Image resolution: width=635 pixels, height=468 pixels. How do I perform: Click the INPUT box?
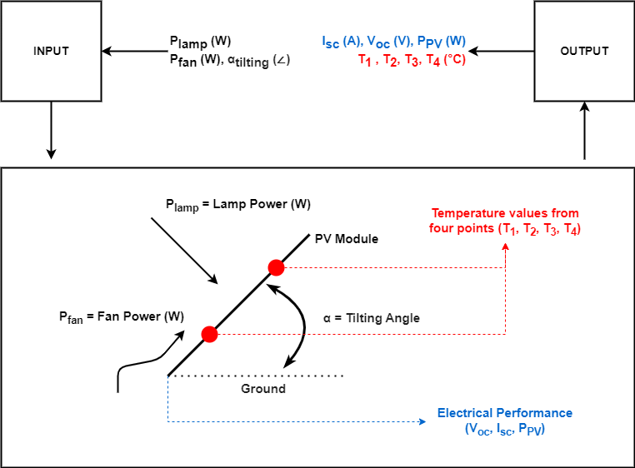(52, 51)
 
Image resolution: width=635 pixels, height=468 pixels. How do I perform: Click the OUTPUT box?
(584, 51)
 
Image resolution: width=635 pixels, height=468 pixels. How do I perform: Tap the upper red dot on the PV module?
(276, 267)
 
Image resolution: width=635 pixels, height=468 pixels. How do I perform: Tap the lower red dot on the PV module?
(209, 334)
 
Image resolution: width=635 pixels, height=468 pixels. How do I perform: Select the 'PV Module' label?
(346, 239)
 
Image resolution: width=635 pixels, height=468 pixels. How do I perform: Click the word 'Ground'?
(263, 389)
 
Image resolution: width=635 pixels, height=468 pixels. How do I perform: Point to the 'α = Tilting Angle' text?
(371, 318)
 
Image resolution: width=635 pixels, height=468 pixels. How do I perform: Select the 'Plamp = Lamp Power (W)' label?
(237, 205)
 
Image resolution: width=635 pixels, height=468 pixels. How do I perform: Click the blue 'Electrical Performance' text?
(505, 413)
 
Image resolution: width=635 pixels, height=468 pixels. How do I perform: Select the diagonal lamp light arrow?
(184, 250)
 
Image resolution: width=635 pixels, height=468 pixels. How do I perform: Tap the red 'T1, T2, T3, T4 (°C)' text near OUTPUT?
(412, 59)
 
